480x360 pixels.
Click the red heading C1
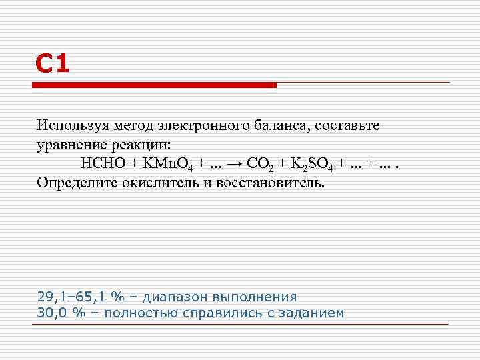point(52,65)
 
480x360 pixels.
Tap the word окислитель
point(157,183)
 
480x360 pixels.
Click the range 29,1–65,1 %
point(80,297)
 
